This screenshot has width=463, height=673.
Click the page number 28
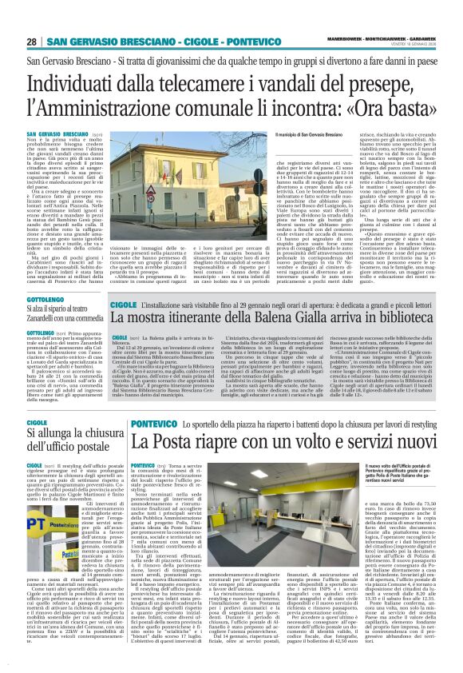click(32, 42)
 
